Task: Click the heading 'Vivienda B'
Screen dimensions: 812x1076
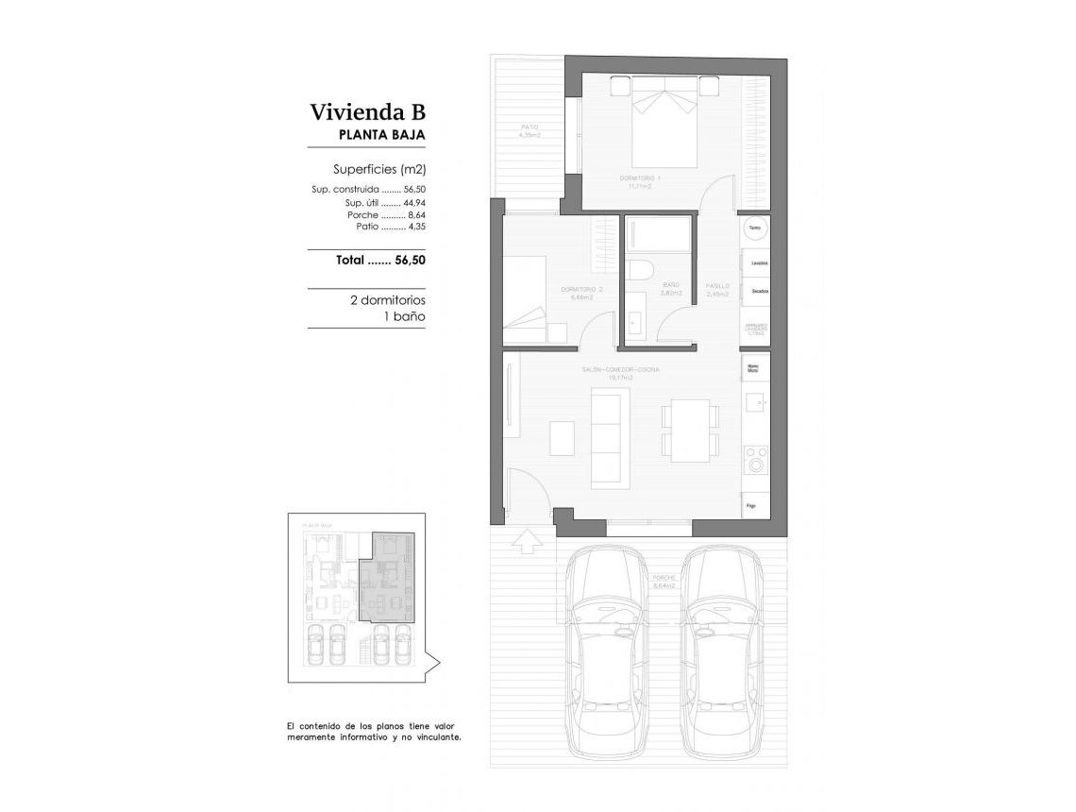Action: pos(368,112)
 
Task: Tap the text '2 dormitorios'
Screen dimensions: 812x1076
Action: pos(387,300)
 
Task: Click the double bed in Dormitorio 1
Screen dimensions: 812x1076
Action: pos(664,127)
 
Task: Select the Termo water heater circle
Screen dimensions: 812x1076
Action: pos(755,228)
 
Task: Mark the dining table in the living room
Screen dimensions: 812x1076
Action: pos(690,431)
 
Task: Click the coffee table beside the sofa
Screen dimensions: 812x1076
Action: pos(562,436)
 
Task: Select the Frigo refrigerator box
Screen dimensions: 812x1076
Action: pos(753,506)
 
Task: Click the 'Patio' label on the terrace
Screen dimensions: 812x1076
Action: pos(530,127)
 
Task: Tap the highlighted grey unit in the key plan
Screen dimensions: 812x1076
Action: pos(392,581)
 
